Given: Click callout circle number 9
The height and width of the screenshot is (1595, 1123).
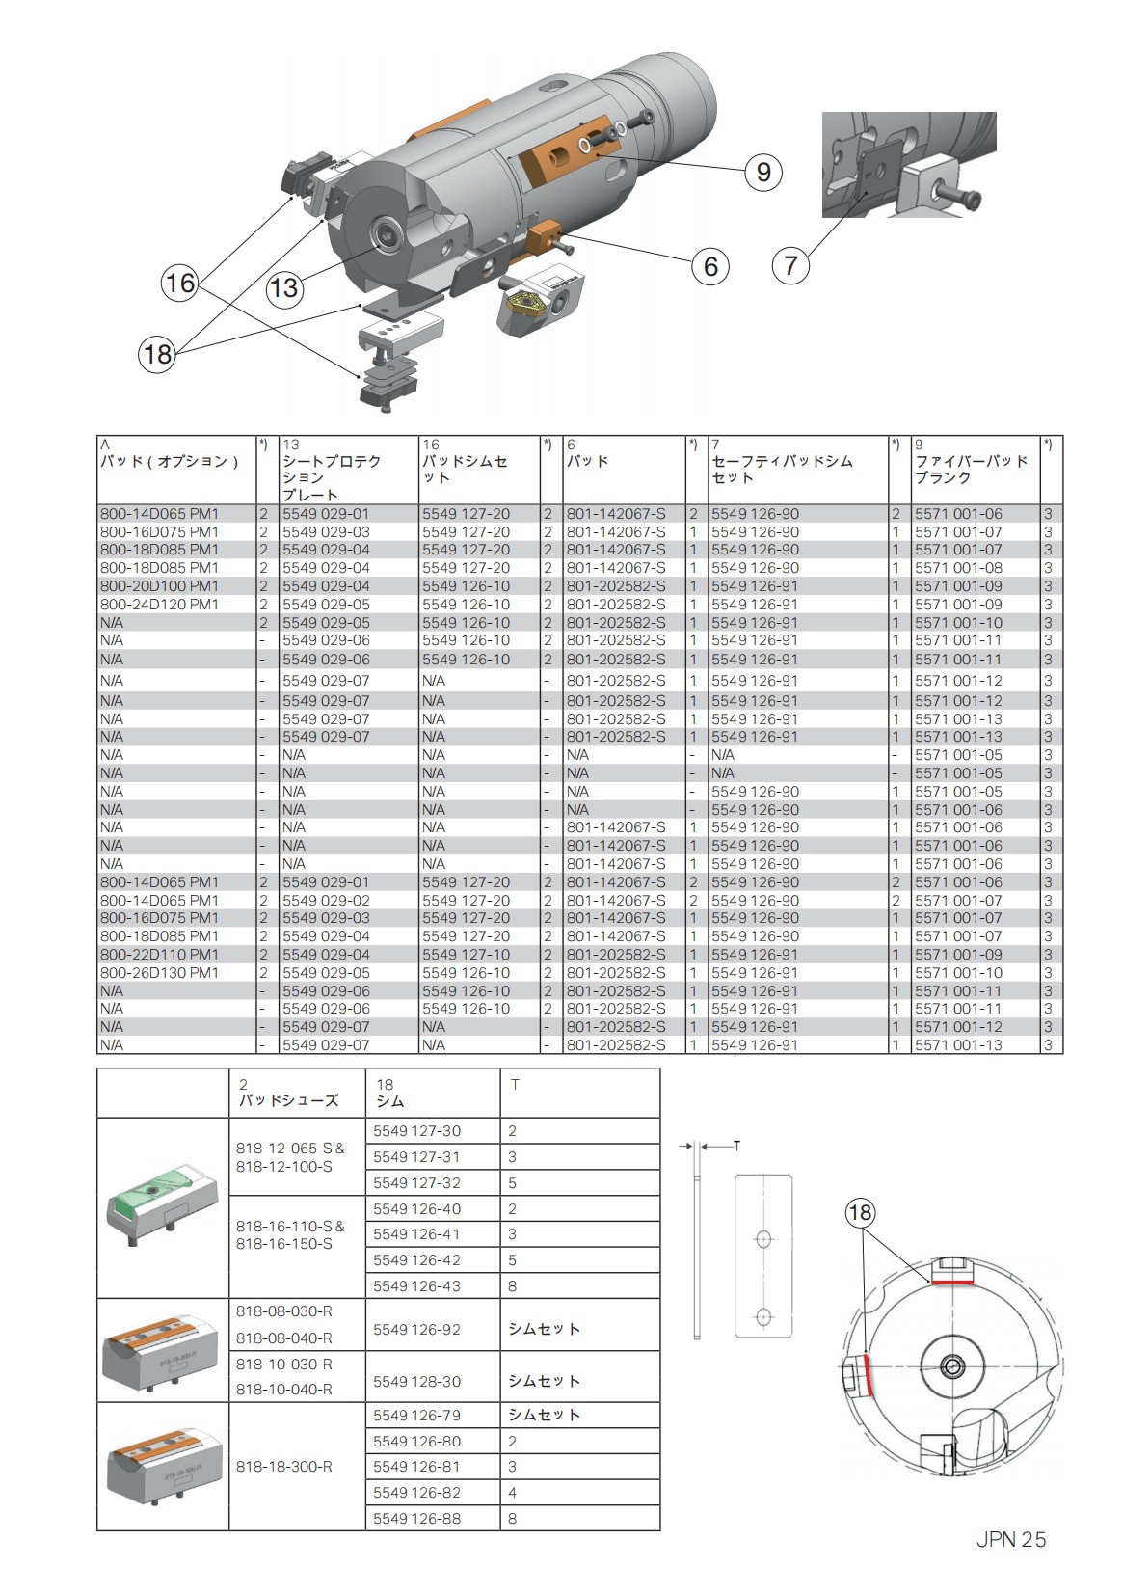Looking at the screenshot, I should [x=763, y=172].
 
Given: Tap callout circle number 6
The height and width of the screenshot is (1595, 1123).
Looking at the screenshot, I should [x=710, y=265].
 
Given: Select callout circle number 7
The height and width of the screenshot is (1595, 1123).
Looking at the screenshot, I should [x=790, y=264].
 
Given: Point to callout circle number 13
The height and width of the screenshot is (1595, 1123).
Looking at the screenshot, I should [x=284, y=288].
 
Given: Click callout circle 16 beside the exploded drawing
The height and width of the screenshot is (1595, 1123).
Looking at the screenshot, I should [x=179, y=283].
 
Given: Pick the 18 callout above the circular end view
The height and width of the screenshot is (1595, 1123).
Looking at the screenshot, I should [x=860, y=1212].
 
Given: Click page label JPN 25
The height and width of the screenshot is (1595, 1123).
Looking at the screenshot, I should [x=1009, y=1539].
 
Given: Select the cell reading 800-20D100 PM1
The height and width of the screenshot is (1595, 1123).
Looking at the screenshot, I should [x=160, y=586].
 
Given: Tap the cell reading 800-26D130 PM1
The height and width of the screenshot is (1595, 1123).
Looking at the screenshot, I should [x=160, y=973].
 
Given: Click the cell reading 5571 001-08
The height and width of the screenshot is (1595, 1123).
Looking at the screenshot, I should [x=958, y=568].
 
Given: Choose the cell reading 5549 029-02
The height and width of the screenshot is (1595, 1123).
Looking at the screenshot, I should [x=326, y=901].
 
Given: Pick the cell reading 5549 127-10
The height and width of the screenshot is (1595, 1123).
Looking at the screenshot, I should [x=466, y=955].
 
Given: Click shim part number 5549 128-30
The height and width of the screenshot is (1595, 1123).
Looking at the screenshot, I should [x=416, y=1382].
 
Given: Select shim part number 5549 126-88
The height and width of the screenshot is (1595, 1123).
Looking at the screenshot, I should [x=416, y=1518].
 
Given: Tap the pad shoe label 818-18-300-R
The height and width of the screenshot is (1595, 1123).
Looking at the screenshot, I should [x=284, y=1466].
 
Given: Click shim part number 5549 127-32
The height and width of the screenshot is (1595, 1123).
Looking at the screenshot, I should [x=416, y=1182].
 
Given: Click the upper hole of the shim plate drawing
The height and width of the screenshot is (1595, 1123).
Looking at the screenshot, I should [x=763, y=1237].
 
